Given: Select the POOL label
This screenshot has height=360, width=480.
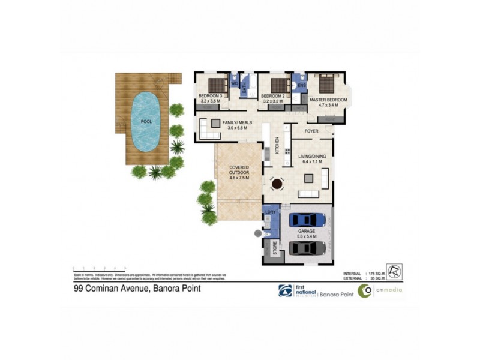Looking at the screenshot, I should click(146, 121).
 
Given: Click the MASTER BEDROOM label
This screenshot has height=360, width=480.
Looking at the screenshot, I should click(328, 99).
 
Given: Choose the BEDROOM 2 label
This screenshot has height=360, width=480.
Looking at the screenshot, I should click(273, 96).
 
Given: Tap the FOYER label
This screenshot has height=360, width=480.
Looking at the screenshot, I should click(311, 130).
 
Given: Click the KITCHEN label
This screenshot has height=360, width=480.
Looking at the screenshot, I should click(277, 145).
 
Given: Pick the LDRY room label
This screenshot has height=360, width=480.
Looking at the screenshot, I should click(269, 213).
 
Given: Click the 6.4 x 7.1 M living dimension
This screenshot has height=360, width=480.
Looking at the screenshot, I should click(312, 161).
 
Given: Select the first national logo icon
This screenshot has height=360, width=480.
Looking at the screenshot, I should click(285, 290).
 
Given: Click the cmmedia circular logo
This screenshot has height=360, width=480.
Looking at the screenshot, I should click(365, 290).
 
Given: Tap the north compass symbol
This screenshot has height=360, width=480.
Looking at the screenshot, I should click(394, 272).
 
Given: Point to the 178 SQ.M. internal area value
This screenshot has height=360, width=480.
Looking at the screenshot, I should click(373, 273).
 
